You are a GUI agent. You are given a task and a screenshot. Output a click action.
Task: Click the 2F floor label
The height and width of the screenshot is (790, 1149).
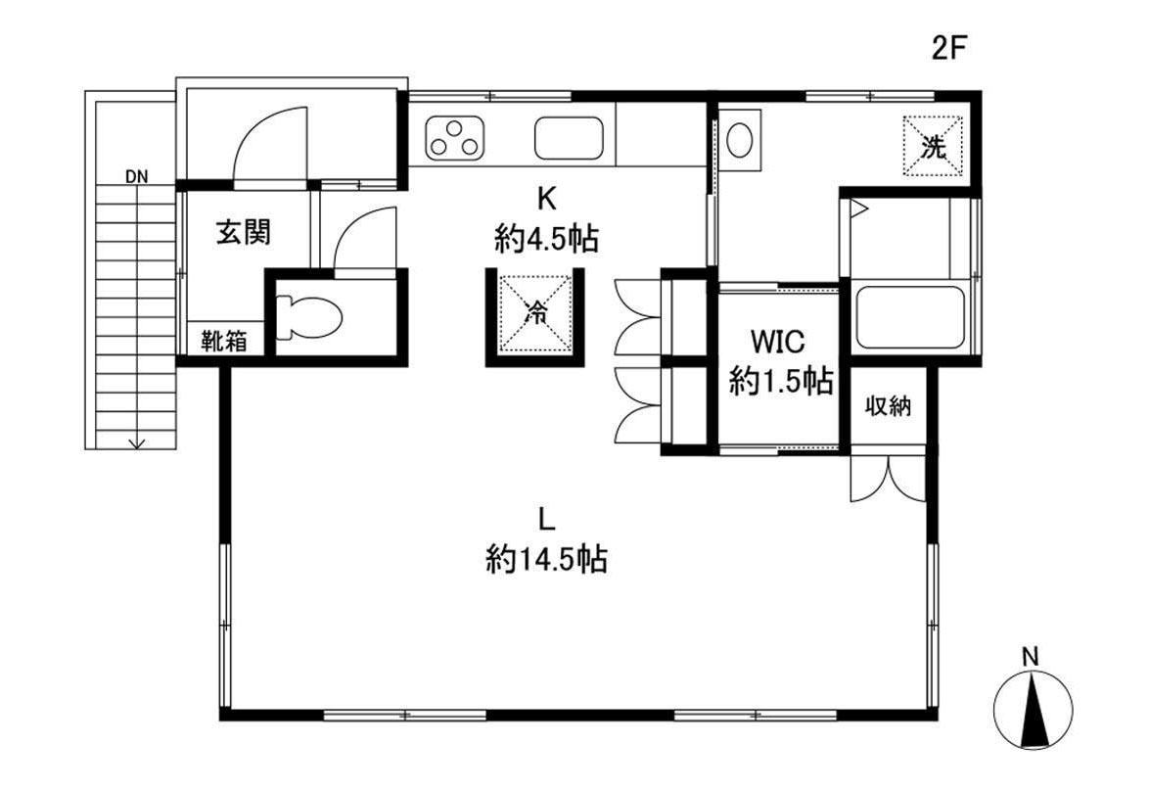click(949, 48)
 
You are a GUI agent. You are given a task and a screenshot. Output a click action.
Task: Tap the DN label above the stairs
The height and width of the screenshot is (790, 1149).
click(136, 176)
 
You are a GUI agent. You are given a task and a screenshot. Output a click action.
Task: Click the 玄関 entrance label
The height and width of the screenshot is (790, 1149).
click(244, 232)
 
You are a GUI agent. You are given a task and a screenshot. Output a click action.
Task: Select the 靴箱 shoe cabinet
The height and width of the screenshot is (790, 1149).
click(225, 340)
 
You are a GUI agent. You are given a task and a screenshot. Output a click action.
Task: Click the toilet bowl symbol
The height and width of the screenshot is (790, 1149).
click(308, 318)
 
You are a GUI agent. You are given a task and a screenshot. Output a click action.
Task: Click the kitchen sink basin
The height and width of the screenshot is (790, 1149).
click(569, 138)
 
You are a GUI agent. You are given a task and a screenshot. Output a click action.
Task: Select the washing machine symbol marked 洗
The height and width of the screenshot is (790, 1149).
click(934, 147)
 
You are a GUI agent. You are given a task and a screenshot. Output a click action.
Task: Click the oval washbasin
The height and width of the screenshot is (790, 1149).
click(739, 139)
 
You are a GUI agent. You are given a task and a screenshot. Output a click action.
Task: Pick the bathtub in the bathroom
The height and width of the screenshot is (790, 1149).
click(909, 317)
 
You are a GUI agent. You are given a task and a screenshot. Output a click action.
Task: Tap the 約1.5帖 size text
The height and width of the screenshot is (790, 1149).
click(781, 381)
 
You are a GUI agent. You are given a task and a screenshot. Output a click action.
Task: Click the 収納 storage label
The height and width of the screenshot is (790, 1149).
click(888, 405)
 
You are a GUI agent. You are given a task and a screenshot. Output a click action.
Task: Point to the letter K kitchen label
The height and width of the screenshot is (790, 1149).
click(546, 197)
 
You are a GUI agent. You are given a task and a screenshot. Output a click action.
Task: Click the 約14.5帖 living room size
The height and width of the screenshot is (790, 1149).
click(546, 560)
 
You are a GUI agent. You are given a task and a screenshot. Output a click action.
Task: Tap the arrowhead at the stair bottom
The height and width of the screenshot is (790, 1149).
click(136, 443)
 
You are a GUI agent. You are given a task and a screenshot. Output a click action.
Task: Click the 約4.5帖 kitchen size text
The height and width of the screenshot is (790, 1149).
click(546, 238)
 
